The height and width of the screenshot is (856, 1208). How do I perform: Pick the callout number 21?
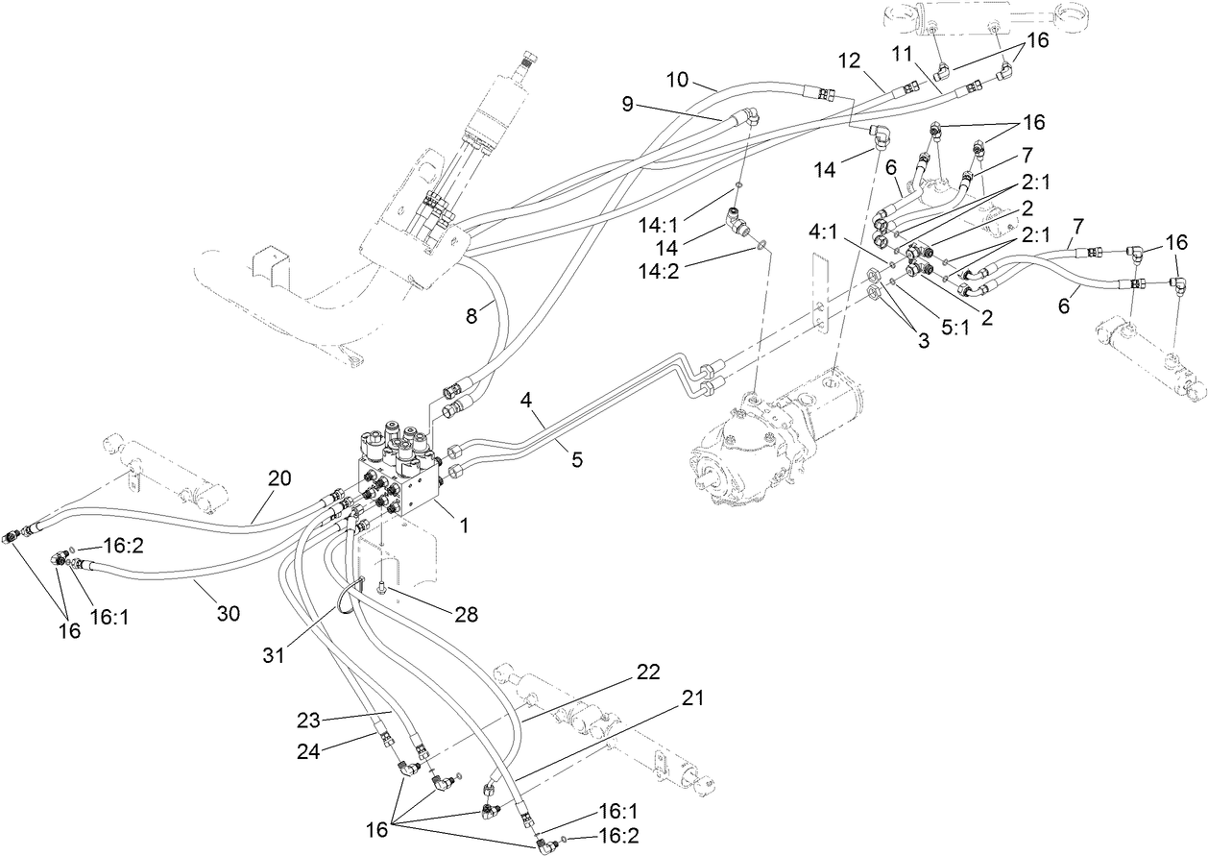point(691,698)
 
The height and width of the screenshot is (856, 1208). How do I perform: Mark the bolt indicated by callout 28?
point(382,585)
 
